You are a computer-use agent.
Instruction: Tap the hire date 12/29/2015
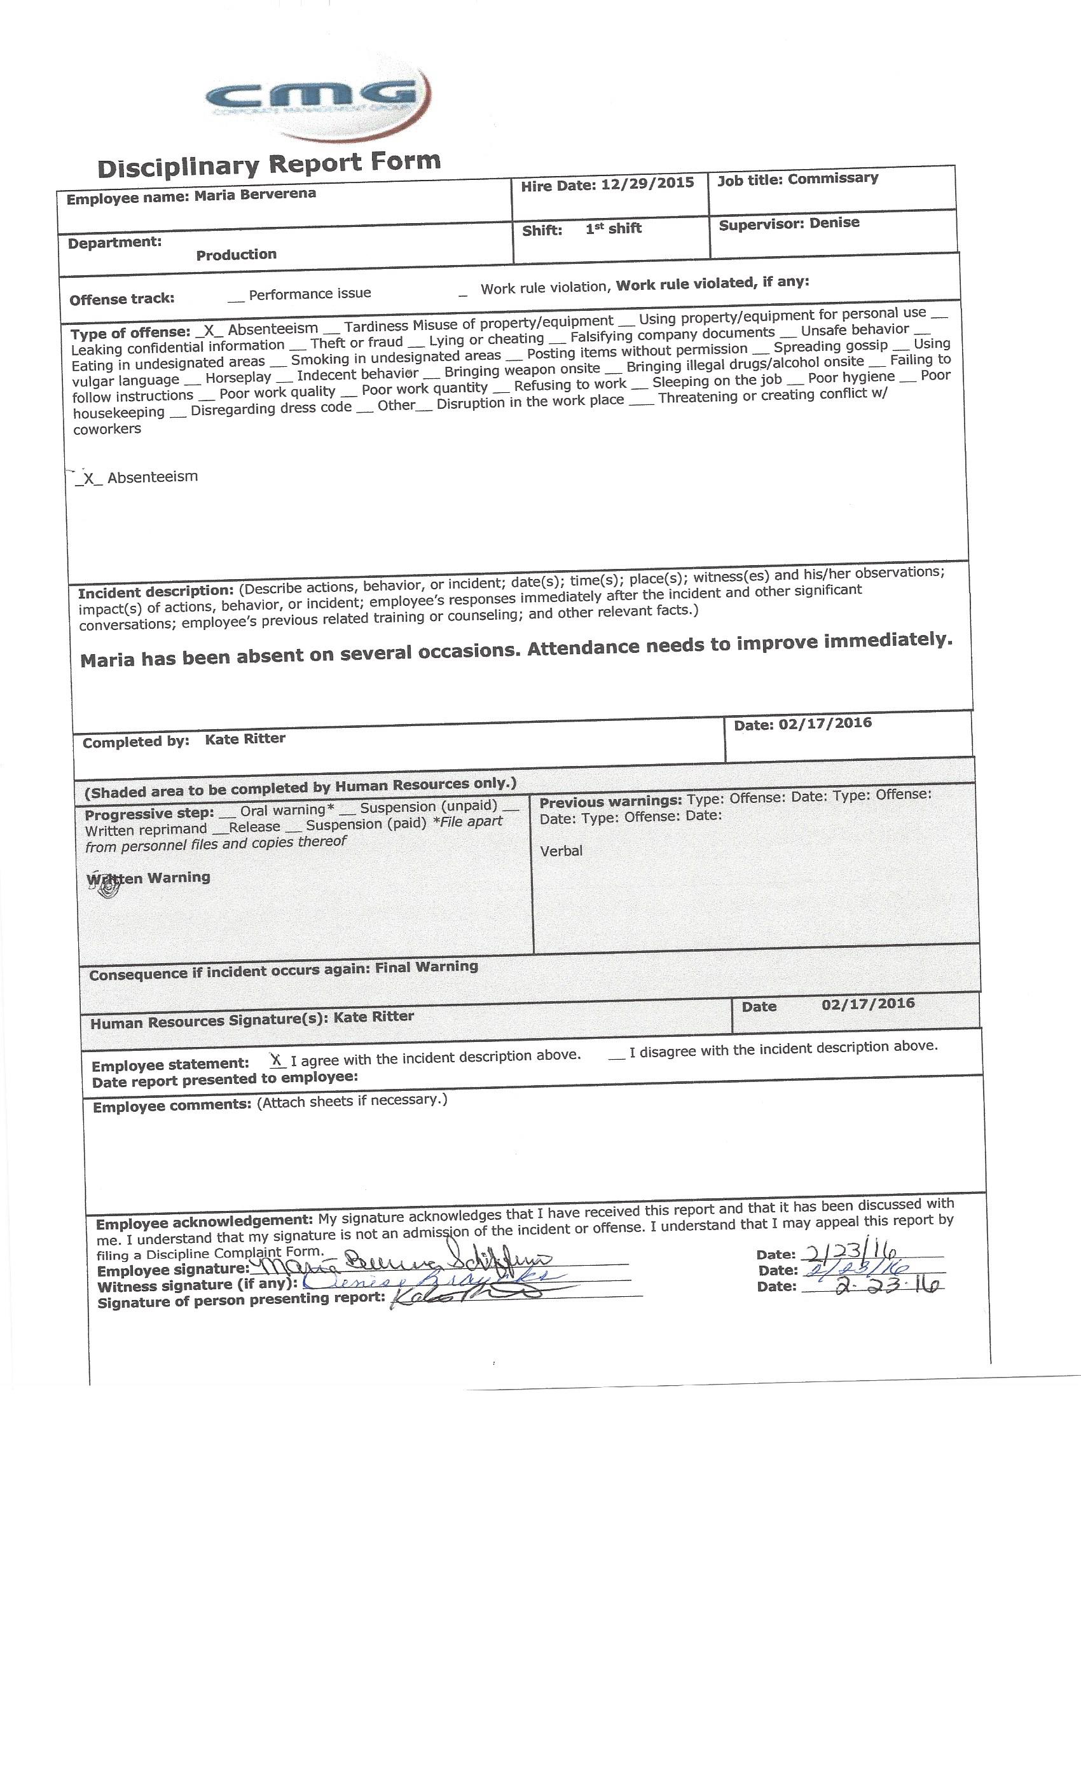point(647,184)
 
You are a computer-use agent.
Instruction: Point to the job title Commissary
point(832,179)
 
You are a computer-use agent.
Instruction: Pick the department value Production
point(237,254)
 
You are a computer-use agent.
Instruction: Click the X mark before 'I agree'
point(276,1060)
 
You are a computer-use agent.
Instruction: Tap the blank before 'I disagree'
point(616,1055)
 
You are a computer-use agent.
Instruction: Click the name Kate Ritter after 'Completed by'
point(245,738)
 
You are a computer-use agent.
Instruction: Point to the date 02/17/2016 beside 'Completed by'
point(825,723)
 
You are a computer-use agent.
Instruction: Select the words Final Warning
point(426,966)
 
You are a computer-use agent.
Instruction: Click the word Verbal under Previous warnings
point(561,851)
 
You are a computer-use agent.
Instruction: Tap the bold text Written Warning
point(148,878)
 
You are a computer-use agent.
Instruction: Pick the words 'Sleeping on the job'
point(717,381)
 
